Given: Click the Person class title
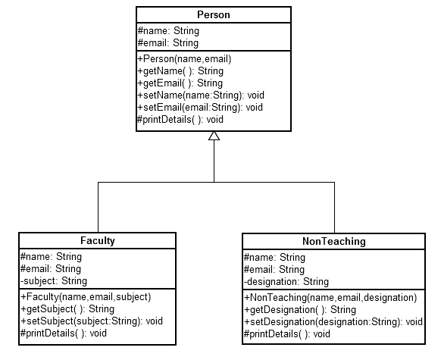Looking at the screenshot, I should pyautogui.click(x=213, y=14).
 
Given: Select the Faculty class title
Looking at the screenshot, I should pyautogui.click(x=98, y=241).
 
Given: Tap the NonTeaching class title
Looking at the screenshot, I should pyautogui.click(x=333, y=241).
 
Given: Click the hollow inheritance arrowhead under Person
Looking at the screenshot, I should pyautogui.click(x=214, y=136).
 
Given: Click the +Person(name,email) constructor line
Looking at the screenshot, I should pyautogui.click(x=184, y=58).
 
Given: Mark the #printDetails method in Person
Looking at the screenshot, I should pyautogui.click(x=180, y=119).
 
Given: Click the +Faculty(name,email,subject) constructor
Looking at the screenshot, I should pyautogui.click(x=86, y=296).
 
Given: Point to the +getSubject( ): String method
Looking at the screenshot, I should pyautogui.click(x=67, y=308).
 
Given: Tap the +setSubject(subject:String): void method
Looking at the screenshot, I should pyautogui.click(x=92, y=321).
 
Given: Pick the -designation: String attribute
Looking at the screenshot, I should pyautogui.click(x=286, y=281).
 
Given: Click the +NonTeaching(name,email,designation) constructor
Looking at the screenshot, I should pyautogui.click(x=330, y=297).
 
